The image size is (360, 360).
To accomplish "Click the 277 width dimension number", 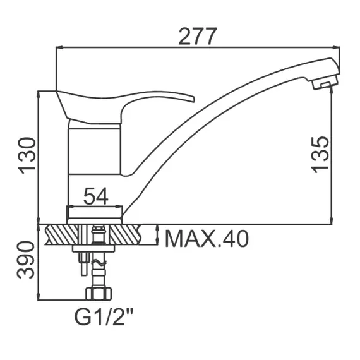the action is pyautogui.click(x=198, y=36).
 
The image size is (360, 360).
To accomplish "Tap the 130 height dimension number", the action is pyautogui.click(x=27, y=155).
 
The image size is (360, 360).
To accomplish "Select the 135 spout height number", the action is pyautogui.click(x=320, y=154).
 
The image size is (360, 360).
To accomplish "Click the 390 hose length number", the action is pyautogui.click(x=26, y=260).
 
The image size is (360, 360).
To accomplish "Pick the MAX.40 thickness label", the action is pyautogui.click(x=207, y=239).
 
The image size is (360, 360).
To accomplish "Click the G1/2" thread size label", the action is pyautogui.click(x=104, y=316).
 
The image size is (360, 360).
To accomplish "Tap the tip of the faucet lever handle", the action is pyautogui.click(x=194, y=100).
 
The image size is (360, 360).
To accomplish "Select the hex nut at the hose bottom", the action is pyautogui.click(x=99, y=294).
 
